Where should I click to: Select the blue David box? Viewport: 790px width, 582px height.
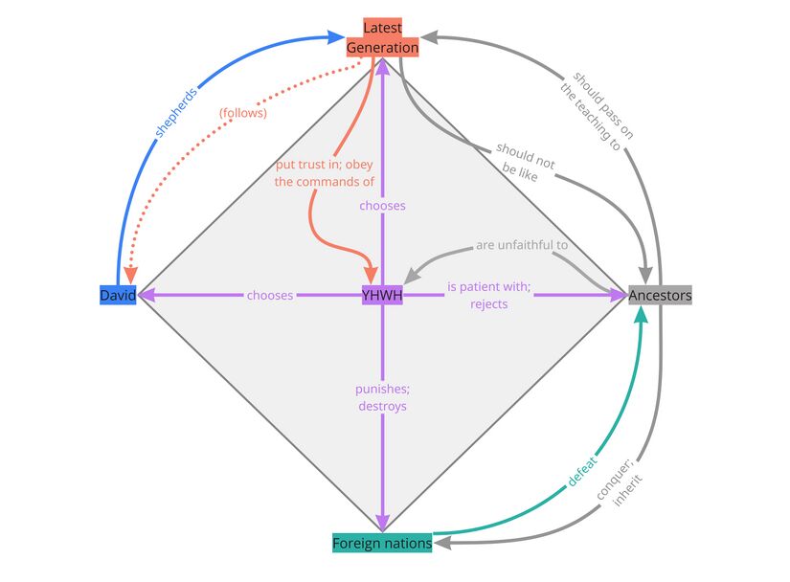(x=118, y=296)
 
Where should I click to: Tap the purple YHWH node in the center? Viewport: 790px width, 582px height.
(x=382, y=296)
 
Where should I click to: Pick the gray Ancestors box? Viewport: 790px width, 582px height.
(x=660, y=296)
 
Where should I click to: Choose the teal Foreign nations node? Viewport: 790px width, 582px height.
(x=382, y=544)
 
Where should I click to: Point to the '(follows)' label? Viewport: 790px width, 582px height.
(x=242, y=113)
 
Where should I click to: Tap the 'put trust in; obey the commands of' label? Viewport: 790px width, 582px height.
(x=324, y=172)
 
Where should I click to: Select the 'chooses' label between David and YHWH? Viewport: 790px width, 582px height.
(x=270, y=296)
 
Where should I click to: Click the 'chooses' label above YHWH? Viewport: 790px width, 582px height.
(x=382, y=206)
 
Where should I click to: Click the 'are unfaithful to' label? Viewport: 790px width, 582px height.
(x=522, y=246)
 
